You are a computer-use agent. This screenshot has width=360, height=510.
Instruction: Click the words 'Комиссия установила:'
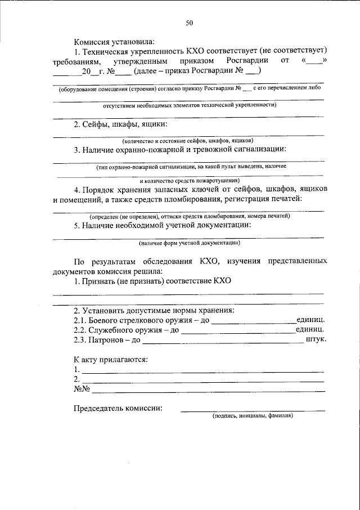point(113,41)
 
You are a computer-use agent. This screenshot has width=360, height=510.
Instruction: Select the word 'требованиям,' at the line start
point(78,60)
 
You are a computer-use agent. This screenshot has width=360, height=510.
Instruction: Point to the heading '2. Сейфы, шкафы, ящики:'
point(121,124)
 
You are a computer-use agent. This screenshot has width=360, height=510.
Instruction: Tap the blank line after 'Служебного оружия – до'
point(238,332)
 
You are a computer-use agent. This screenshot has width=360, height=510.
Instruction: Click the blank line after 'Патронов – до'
point(223,341)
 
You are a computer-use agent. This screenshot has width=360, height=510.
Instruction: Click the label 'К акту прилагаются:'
point(110,359)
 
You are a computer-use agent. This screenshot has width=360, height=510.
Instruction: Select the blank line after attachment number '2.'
point(202,381)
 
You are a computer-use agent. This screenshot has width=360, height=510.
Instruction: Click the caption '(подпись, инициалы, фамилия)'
point(253,417)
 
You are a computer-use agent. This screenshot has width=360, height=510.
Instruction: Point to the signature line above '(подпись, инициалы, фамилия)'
point(253,410)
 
